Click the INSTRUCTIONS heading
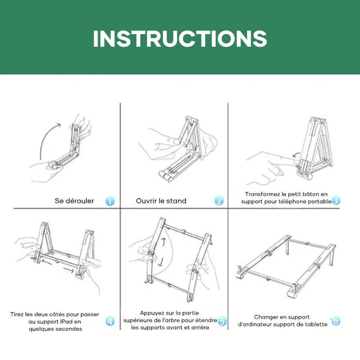(x=180, y=39)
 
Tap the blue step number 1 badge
(x=110, y=201)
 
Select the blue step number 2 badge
(x=219, y=201)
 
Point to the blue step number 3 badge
(x=336, y=201)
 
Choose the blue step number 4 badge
(x=110, y=321)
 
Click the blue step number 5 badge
(x=222, y=321)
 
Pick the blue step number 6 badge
(x=335, y=321)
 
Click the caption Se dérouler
(x=74, y=201)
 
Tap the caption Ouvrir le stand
(x=161, y=201)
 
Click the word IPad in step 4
(x=67, y=322)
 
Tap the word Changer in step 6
(x=264, y=317)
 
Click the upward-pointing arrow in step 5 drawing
(x=163, y=242)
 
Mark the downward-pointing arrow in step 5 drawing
(x=161, y=262)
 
